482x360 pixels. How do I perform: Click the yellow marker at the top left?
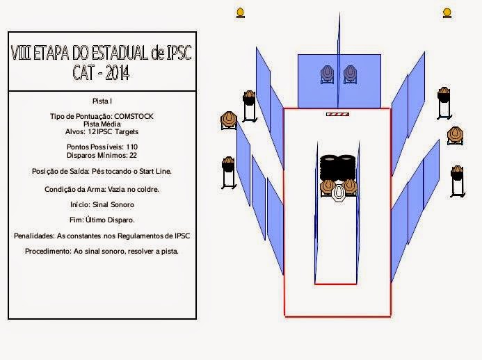coord(241,12)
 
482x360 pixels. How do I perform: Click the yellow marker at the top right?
coord(447,12)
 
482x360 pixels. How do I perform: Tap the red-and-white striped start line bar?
coord(337,114)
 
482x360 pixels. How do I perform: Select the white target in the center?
coord(339,192)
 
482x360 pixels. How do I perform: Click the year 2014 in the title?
coord(115,72)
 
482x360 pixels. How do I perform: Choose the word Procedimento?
coord(48,251)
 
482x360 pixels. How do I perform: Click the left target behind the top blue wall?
coord(327,73)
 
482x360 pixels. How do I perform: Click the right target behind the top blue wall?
coord(350,73)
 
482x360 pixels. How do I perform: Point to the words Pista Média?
coord(102,123)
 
